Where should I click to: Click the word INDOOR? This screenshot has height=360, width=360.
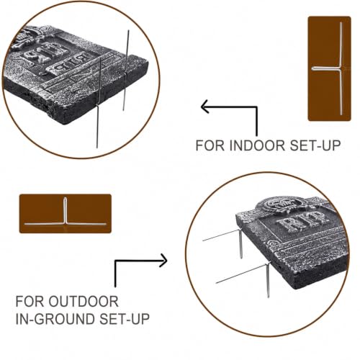[258, 145]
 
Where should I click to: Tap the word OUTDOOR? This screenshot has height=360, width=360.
[84, 302]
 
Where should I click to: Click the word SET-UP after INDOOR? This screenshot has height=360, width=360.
[315, 145]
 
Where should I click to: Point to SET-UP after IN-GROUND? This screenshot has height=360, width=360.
[125, 319]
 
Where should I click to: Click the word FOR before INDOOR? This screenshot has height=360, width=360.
[210, 145]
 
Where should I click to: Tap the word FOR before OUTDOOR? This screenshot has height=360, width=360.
[30, 302]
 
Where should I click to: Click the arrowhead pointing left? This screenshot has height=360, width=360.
[204, 107]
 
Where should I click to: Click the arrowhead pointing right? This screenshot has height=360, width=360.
[163, 261]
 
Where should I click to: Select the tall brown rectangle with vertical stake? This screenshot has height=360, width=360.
[329, 68]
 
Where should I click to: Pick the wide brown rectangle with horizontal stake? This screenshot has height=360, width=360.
[66, 213]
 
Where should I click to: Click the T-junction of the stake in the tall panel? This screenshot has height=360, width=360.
[341, 68]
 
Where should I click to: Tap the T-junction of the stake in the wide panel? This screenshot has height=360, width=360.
[65, 223]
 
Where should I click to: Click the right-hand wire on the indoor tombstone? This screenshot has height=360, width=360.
[126, 70]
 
